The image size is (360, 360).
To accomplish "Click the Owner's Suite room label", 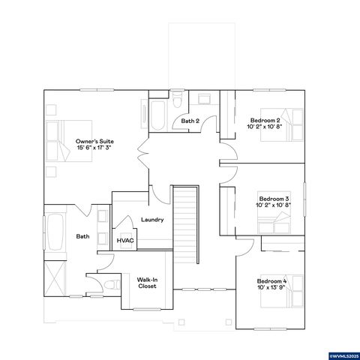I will click(x=94, y=141).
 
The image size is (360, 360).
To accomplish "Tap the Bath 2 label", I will click(x=190, y=121).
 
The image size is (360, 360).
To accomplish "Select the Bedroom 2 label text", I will click(x=265, y=120).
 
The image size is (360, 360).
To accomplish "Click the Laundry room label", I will click(x=152, y=219).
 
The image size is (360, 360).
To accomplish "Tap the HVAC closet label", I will click(x=124, y=240).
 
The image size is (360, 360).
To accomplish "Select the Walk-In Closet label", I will click(x=147, y=283).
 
